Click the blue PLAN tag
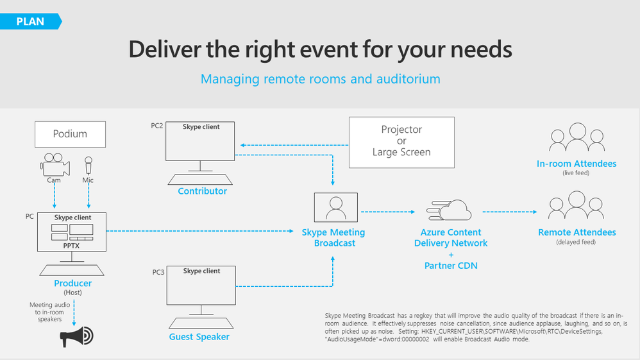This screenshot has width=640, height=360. (x=30, y=21)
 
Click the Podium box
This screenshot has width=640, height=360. (x=70, y=134)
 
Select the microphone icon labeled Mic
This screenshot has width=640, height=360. (x=88, y=166)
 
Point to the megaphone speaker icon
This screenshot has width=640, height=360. (x=76, y=336)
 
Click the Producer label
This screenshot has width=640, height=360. (x=73, y=283)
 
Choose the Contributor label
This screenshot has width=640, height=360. (x=202, y=191)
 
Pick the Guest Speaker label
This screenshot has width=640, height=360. (x=199, y=336)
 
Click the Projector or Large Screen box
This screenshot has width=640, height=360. (x=401, y=141)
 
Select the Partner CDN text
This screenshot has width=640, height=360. (x=451, y=265)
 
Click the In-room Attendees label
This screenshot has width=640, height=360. (x=577, y=164)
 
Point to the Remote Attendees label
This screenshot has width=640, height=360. (x=577, y=232)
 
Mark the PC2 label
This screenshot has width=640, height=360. (x=157, y=126)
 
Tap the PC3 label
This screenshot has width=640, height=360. (x=158, y=272)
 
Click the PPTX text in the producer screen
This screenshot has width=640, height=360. (x=72, y=245)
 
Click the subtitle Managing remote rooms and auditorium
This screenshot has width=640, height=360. (x=320, y=80)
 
